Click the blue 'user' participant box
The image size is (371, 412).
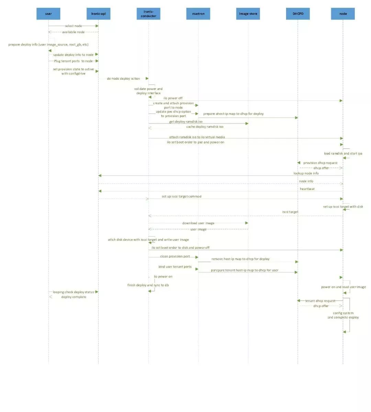48,14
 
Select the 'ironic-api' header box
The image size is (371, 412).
98,14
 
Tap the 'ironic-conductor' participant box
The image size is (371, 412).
148,14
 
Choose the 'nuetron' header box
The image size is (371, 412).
198,14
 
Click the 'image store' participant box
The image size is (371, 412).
248,14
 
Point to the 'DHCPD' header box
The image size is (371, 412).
298,14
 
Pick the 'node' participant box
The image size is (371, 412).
343,14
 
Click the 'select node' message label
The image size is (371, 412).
74,26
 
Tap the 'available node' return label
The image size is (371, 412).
73,32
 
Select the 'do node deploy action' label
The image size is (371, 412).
123,79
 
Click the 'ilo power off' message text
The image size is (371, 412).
173,98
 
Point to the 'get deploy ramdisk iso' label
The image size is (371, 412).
186,121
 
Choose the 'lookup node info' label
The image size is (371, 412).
306,173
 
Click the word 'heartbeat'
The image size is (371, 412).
307,189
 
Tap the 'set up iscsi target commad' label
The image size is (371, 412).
181,197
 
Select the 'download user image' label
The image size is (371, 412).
198,223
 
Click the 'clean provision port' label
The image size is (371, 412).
175,256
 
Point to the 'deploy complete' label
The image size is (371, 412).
74,297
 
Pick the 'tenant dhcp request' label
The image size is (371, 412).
320,301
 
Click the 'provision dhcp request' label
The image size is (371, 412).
320,163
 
